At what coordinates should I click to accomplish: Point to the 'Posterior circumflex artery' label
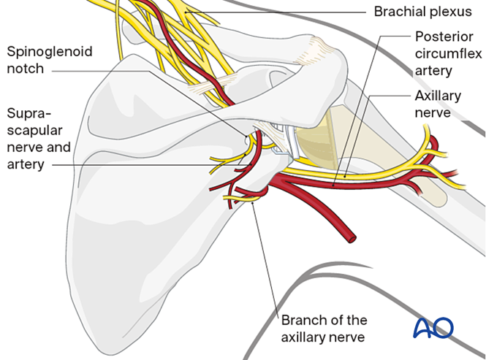444,53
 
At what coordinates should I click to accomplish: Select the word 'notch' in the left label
23,69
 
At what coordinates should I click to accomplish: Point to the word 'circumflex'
444,53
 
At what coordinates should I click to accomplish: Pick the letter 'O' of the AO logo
443,328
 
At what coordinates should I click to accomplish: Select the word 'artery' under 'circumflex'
433,71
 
